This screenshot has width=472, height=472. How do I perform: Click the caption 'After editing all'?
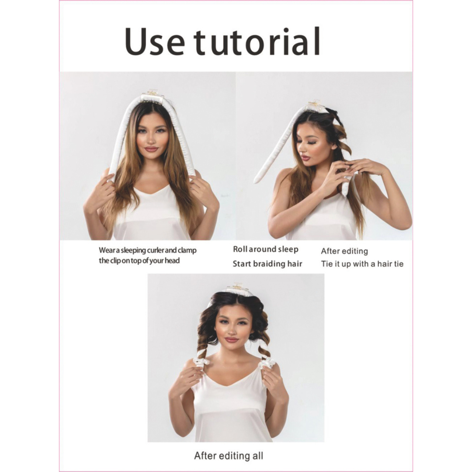[x=229, y=455]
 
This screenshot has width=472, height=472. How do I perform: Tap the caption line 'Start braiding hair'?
[x=267, y=264]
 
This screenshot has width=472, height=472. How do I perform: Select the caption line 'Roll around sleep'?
[x=266, y=249]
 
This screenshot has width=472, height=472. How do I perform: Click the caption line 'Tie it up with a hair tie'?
[x=362, y=264]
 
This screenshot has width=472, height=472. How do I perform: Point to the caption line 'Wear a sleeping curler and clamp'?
[x=148, y=250]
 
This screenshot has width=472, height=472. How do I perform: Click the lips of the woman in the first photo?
[x=151, y=149]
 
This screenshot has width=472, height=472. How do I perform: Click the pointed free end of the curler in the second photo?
[x=255, y=181]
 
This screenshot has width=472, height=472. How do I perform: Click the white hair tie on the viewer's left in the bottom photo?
[x=199, y=361]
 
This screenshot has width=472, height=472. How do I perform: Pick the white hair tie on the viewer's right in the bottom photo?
[x=267, y=363]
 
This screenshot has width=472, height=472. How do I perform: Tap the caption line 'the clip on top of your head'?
[x=139, y=260]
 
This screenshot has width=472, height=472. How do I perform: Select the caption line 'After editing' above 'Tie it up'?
[x=344, y=251]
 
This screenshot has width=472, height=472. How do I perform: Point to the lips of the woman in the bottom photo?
[x=232, y=340]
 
